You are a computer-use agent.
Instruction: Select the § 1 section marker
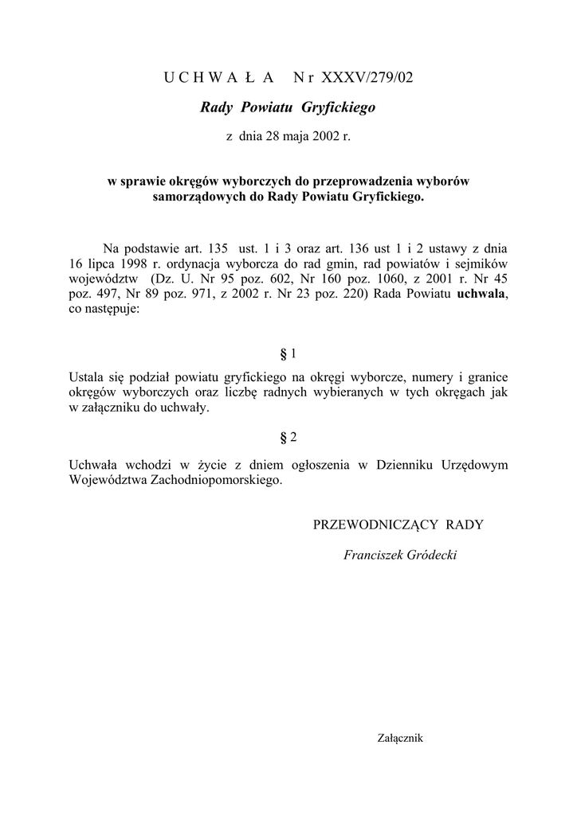tap(288, 353)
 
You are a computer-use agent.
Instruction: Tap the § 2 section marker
tap(288, 437)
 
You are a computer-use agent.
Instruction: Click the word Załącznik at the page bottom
tap(399, 738)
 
